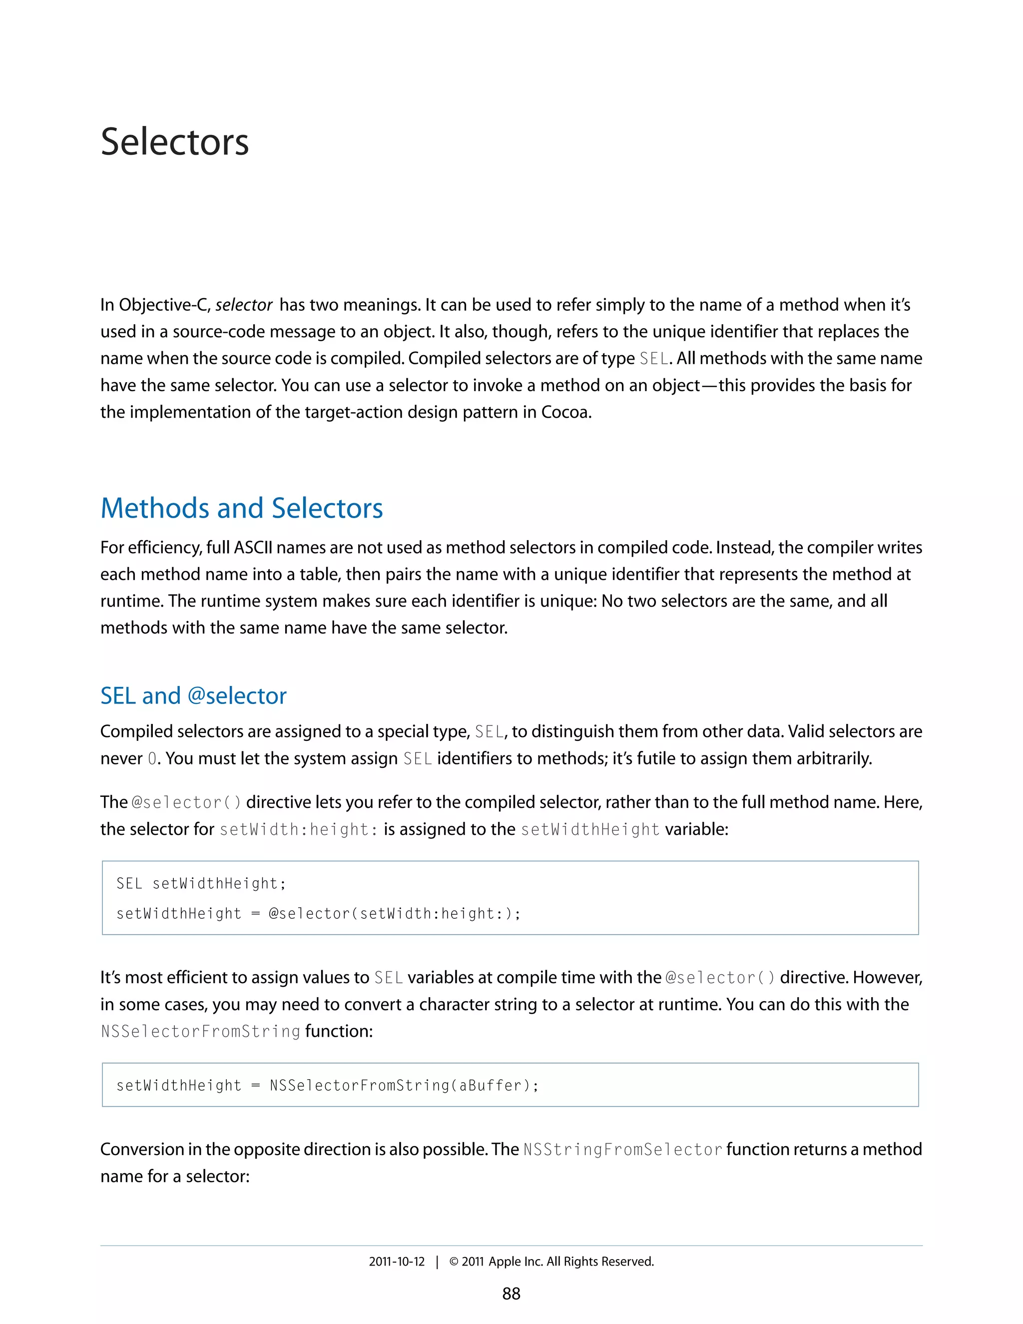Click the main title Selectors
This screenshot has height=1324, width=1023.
tap(174, 142)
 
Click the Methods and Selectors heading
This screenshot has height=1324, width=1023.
tap(241, 508)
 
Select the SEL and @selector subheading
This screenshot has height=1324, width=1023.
tap(193, 695)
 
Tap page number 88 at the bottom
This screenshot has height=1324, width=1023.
tap(511, 1294)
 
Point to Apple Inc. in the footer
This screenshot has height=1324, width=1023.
tap(515, 1262)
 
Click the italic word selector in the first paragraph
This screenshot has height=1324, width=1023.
tap(244, 305)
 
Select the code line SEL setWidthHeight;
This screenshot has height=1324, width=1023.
tap(201, 883)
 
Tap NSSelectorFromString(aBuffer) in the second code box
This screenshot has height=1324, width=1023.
tap(403, 1085)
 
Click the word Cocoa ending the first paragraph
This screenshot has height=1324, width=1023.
tap(565, 412)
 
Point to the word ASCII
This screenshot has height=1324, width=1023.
tap(253, 548)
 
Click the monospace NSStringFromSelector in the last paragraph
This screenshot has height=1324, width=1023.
tap(622, 1150)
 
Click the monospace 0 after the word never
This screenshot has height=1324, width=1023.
tap(152, 759)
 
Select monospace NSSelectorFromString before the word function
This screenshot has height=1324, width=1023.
tap(201, 1031)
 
